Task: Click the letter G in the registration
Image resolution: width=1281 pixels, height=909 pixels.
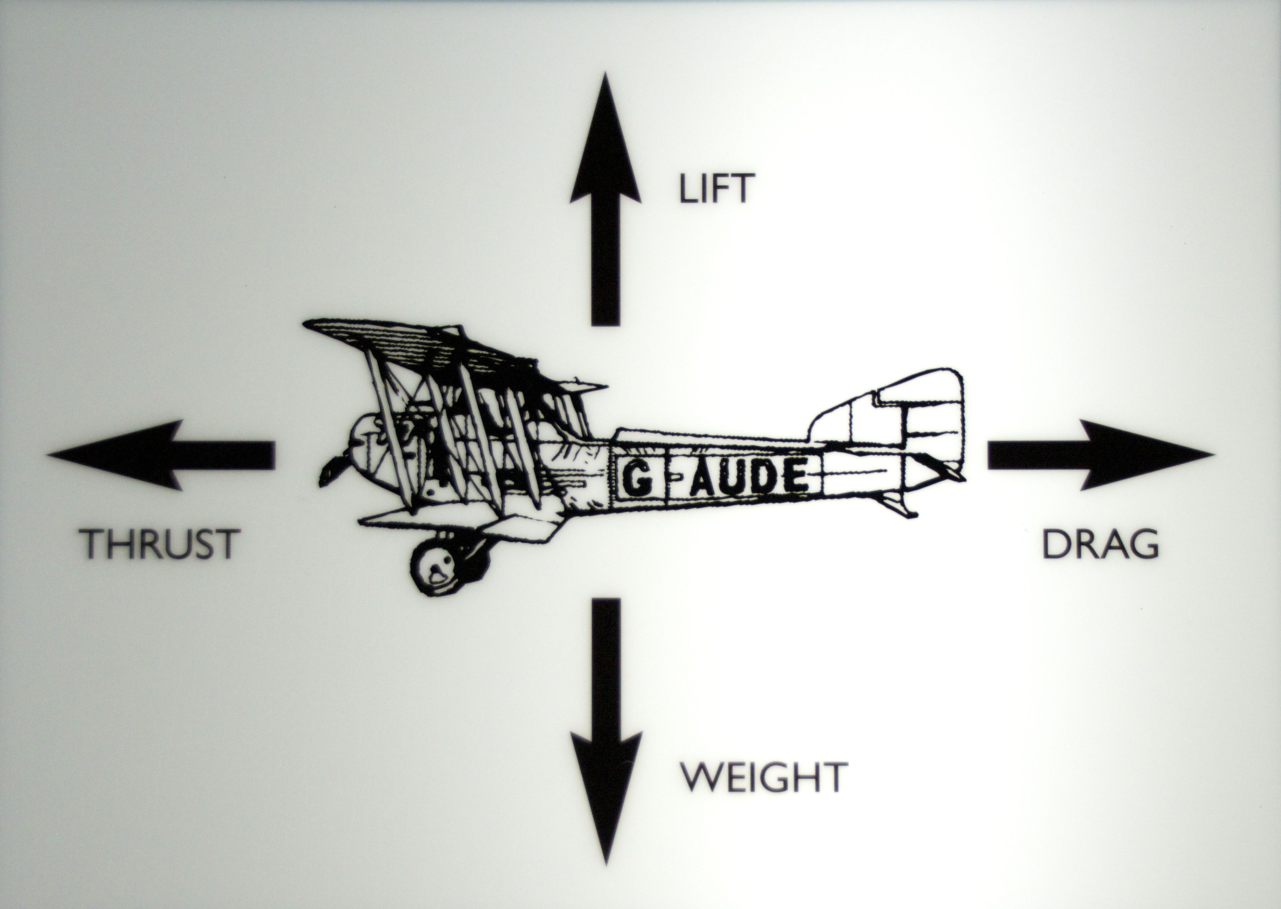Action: pyautogui.click(x=638, y=479)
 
